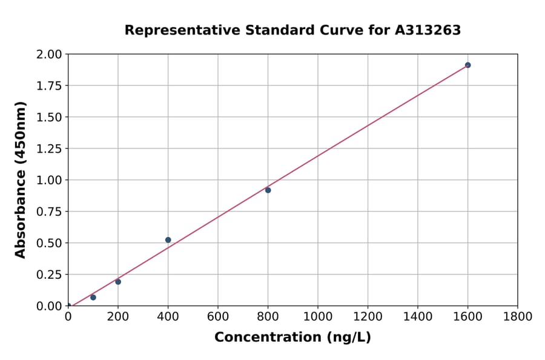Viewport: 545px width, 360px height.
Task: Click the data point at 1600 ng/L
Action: coord(467,65)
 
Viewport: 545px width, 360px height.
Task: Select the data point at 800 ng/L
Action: coord(268,190)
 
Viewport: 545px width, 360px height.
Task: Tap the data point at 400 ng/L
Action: coord(168,240)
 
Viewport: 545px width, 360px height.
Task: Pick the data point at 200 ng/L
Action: coord(118,282)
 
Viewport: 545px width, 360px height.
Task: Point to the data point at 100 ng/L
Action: coord(93,298)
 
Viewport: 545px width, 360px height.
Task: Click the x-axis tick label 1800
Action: coord(518,316)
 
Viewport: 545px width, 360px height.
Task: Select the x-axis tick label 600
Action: coord(218,316)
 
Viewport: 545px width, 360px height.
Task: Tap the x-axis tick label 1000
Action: coord(318,316)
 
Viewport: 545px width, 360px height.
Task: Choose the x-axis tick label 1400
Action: coord(418,316)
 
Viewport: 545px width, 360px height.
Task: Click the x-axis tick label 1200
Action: coord(368,316)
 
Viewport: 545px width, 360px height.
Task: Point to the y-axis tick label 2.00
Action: coord(50,55)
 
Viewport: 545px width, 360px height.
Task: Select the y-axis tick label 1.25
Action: coord(50,148)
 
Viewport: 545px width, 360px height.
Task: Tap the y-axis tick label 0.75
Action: coord(50,212)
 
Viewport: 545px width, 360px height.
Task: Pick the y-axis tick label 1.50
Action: coord(50,117)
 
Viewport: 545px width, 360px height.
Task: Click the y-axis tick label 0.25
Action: coord(50,275)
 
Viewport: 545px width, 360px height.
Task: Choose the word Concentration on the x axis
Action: coord(264,338)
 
